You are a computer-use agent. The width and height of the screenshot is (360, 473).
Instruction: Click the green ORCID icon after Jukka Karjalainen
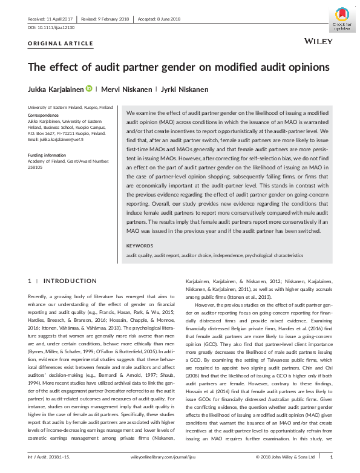[89, 89]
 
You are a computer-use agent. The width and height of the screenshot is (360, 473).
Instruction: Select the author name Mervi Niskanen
[125, 90]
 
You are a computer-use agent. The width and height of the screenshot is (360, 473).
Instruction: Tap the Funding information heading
[50, 155]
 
